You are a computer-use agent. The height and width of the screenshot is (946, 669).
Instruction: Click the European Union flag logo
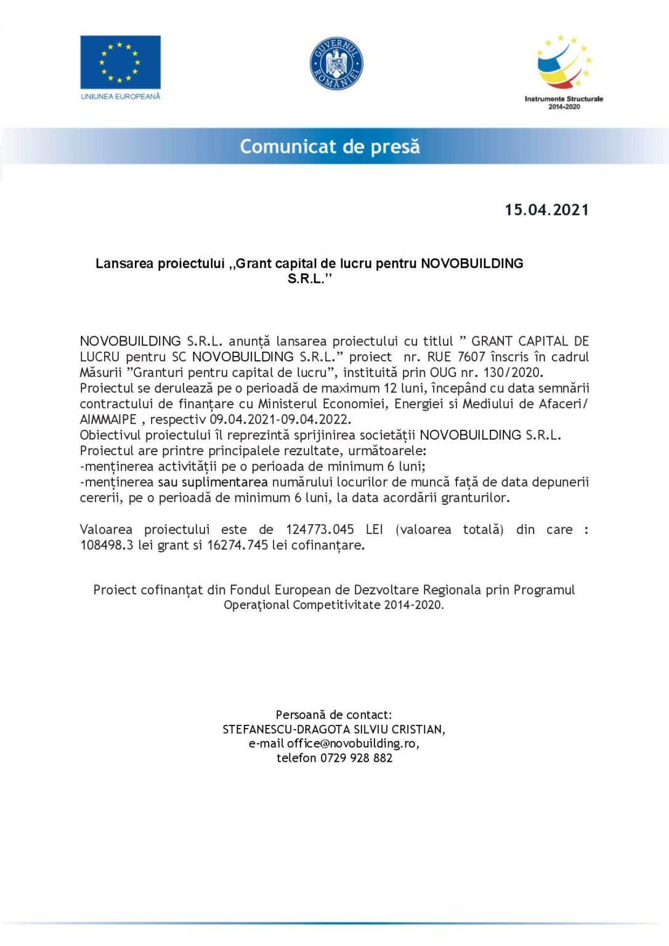[x=120, y=62]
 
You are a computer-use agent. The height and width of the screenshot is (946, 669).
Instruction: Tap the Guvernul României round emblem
[x=336, y=63]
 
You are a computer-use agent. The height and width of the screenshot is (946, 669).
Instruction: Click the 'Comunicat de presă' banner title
[x=330, y=147]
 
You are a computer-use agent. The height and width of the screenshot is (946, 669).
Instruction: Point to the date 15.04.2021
[x=546, y=210]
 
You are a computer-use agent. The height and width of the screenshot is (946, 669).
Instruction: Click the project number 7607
[x=471, y=357]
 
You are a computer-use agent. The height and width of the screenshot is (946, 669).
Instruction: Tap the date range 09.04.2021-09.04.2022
[x=280, y=419]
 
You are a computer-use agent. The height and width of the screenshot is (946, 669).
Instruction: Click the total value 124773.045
[x=320, y=530]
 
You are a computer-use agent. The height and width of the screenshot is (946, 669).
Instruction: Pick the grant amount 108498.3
[x=107, y=545]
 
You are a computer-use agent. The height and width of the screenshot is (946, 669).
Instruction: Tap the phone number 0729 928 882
[x=356, y=758]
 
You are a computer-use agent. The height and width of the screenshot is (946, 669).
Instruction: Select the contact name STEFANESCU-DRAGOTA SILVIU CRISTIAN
[x=334, y=729]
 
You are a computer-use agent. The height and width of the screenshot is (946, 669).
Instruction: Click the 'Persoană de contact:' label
[x=334, y=714]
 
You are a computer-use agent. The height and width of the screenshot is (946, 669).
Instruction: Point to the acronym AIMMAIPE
[x=108, y=419]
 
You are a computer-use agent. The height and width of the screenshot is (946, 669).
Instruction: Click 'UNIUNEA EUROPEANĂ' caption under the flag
[x=121, y=97]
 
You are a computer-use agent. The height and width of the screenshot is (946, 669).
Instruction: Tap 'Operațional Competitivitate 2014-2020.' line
[x=334, y=605]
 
